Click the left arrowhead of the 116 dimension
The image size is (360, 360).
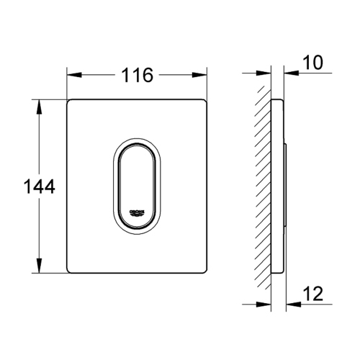(x=71, y=74)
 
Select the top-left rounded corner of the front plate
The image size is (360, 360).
(x=71, y=102)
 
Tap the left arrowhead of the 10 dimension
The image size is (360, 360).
(x=268, y=74)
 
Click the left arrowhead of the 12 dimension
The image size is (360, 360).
(x=268, y=302)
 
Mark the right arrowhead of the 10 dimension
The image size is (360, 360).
(x=288, y=74)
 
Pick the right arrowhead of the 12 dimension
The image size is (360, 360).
(x=290, y=302)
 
